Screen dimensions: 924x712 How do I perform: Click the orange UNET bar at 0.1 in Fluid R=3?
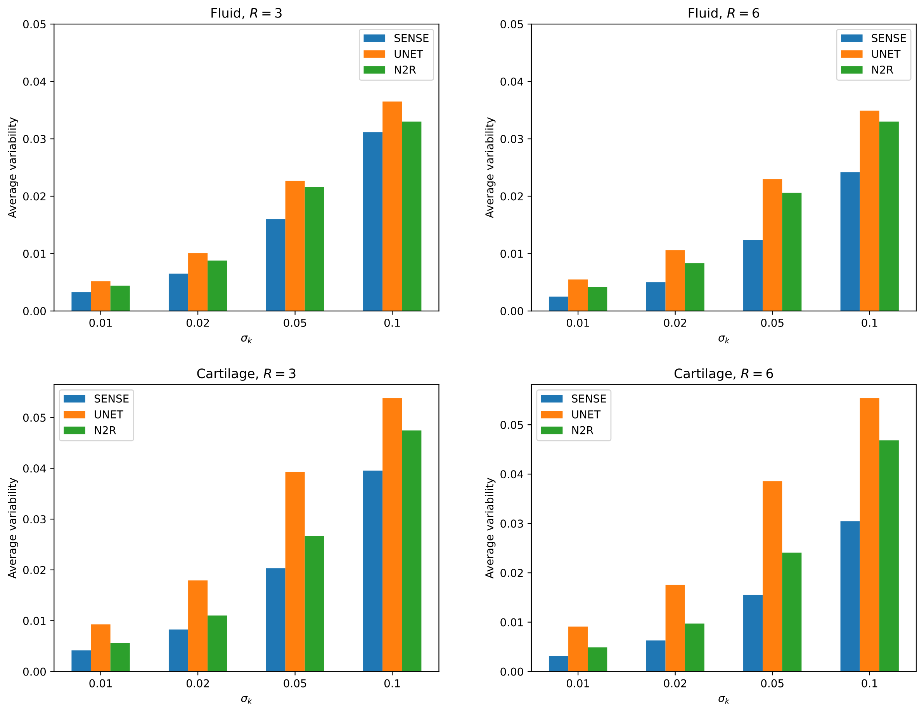tap(392, 206)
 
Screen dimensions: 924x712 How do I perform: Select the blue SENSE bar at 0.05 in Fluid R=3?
tap(275, 265)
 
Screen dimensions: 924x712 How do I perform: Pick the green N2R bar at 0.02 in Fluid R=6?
tap(694, 287)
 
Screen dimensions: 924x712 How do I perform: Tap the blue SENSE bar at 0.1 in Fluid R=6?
tap(850, 242)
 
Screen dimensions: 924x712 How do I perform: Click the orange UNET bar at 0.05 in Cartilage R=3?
tap(295, 571)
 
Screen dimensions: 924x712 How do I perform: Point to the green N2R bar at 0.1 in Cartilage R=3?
tap(412, 551)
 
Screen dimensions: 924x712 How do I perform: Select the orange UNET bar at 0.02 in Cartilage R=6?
tap(675, 628)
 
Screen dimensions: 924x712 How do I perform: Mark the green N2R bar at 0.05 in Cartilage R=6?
tap(792, 612)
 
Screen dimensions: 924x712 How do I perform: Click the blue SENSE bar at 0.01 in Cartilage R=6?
tap(559, 664)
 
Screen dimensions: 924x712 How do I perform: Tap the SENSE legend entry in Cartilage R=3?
tap(97, 399)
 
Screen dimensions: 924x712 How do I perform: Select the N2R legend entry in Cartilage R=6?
tap(567, 431)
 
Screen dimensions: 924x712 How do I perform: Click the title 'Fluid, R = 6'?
tap(723, 13)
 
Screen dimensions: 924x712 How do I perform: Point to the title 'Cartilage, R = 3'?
tap(246, 374)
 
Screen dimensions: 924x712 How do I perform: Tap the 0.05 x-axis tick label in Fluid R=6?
tap(772, 323)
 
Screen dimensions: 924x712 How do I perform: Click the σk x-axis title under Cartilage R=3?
tap(246, 699)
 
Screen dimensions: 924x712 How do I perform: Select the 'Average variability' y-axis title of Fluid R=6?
tap(490, 168)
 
